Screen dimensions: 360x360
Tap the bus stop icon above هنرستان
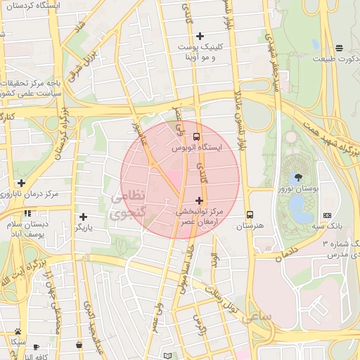250,214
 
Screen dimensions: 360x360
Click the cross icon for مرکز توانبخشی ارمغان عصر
199,200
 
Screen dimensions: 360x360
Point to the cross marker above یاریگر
83,217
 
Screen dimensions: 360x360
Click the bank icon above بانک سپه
328,214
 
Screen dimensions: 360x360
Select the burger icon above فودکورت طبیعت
340,48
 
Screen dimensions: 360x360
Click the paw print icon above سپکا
18,331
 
